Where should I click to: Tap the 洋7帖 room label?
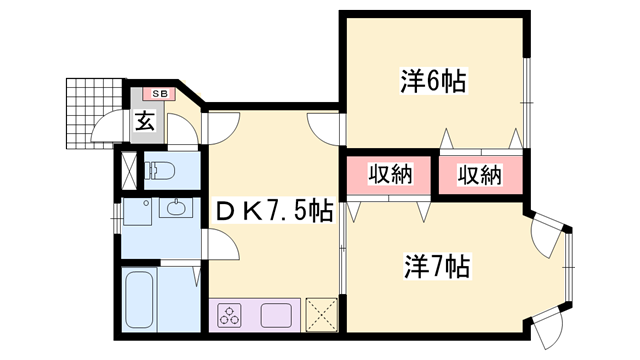437,267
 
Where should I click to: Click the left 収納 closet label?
388,175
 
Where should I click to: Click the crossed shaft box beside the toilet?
128,169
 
